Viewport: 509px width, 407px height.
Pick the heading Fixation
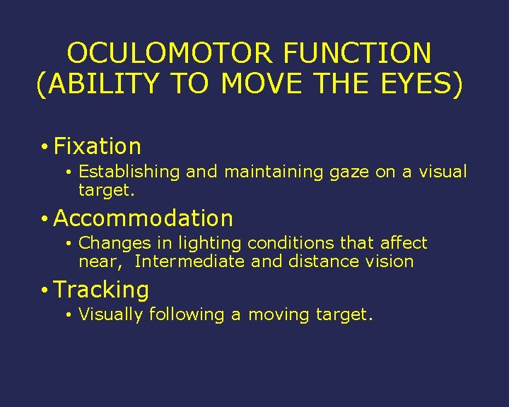coord(98,146)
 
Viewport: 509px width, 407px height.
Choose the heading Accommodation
coord(143,218)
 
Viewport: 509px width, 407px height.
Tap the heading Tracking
coord(101,290)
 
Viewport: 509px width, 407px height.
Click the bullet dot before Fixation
coord(44,147)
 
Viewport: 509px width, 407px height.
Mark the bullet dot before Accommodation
coord(44,218)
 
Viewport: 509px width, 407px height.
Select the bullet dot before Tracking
coord(44,290)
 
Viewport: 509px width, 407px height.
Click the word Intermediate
coord(189,261)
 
